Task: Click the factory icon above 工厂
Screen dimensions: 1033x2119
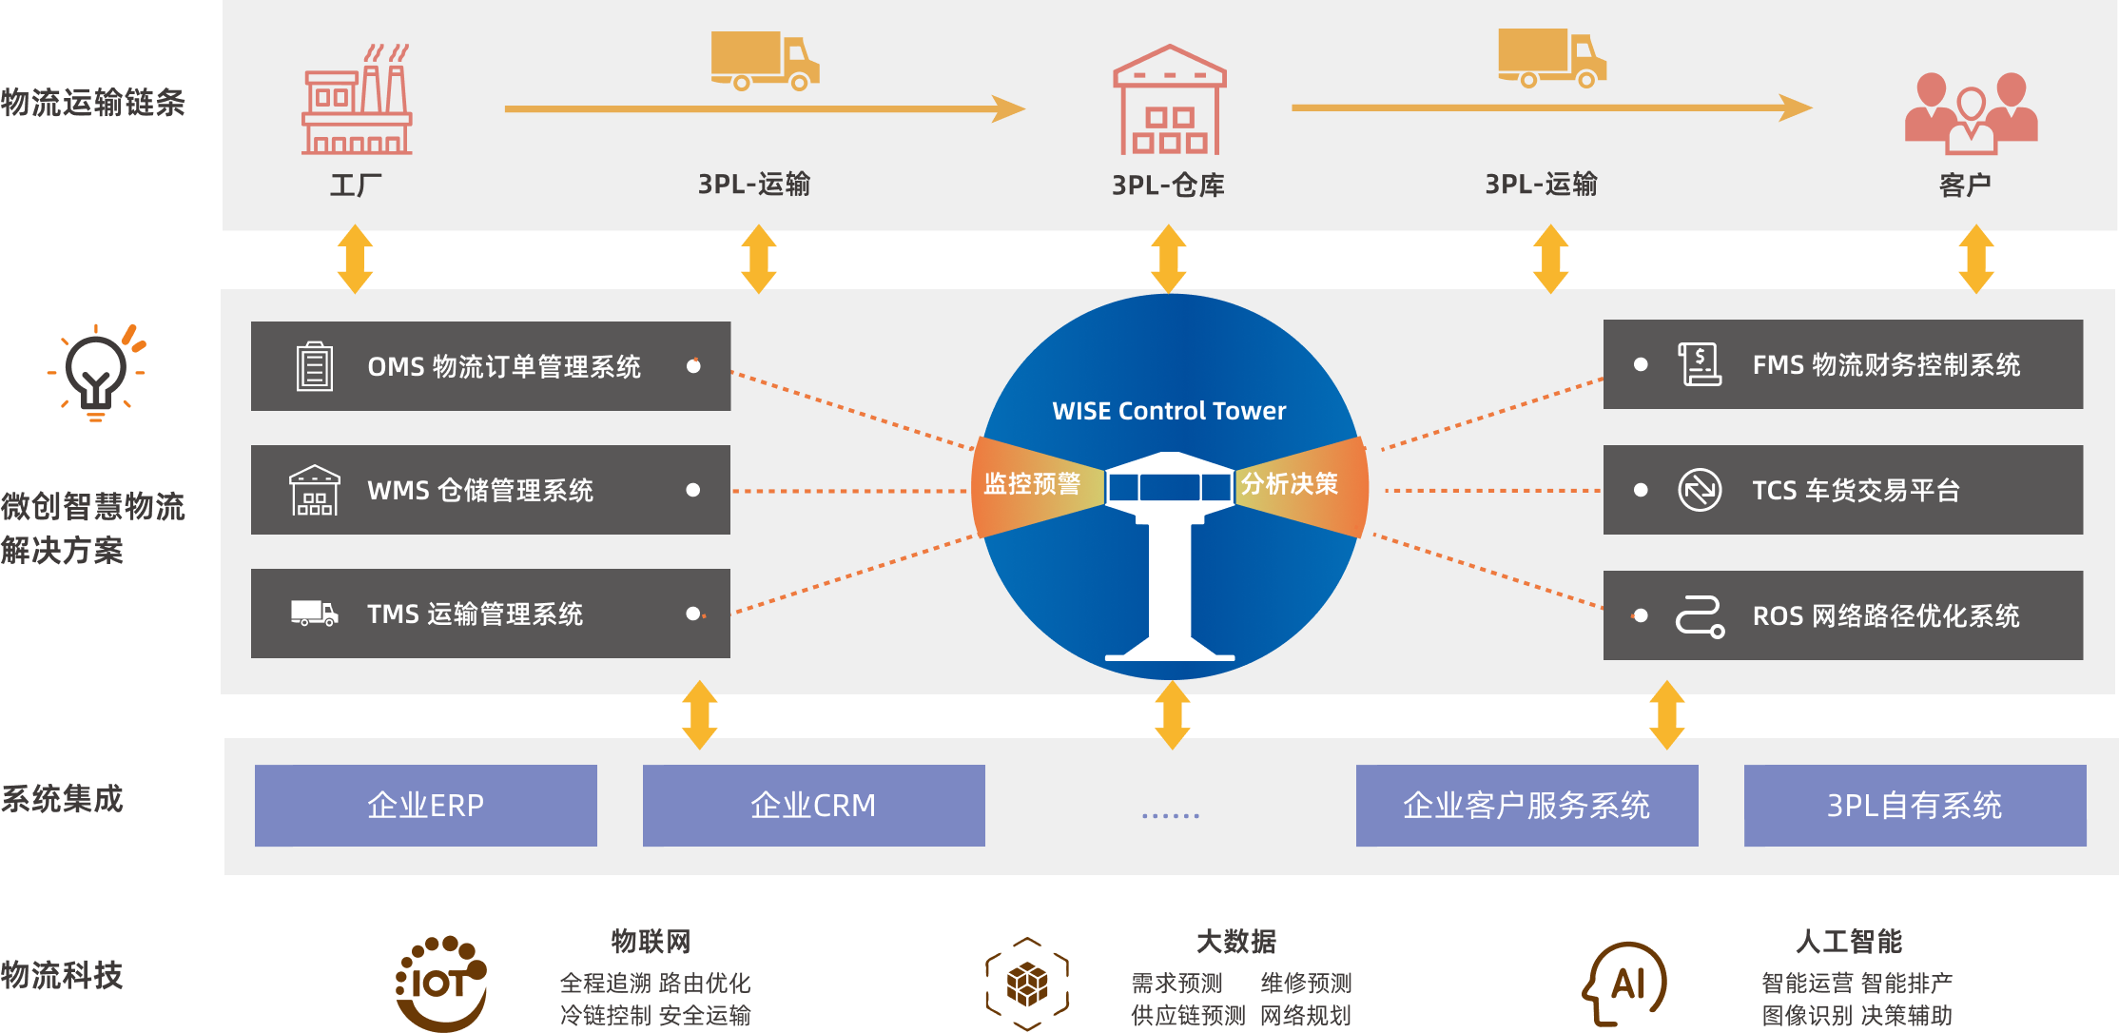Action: click(357, 100)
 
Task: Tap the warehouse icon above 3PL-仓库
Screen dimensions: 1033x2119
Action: click(1169, 101)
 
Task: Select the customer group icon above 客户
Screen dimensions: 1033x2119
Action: click(1971, 113)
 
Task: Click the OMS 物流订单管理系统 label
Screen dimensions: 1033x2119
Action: click(503, 366)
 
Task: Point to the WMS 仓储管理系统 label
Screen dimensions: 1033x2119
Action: click(479, 490)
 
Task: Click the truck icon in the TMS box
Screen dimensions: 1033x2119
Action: click(314, 614)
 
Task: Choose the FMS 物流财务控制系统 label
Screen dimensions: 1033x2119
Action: click(1885, 364)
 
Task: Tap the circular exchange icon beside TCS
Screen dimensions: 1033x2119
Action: click(1700, 490)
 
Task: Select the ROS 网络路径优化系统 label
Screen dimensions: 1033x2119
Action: click(1885, 615)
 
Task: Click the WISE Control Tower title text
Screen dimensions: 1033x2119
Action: click(1169, 411)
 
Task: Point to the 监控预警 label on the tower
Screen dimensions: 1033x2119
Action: click(1032, 484)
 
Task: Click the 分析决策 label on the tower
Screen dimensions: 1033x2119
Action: click(1289, 484)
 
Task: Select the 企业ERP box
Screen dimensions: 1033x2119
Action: click(425, 806)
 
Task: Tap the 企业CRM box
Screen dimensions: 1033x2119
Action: click(813, 806)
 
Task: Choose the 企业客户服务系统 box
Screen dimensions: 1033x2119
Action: click(1526, 806)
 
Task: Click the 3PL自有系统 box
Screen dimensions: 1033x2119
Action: click(1915, 806)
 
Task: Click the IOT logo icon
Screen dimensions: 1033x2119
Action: click(441, 984)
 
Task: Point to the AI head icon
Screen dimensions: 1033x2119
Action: click(1625, 984)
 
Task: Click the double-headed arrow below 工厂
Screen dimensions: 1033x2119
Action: click(355, 259)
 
